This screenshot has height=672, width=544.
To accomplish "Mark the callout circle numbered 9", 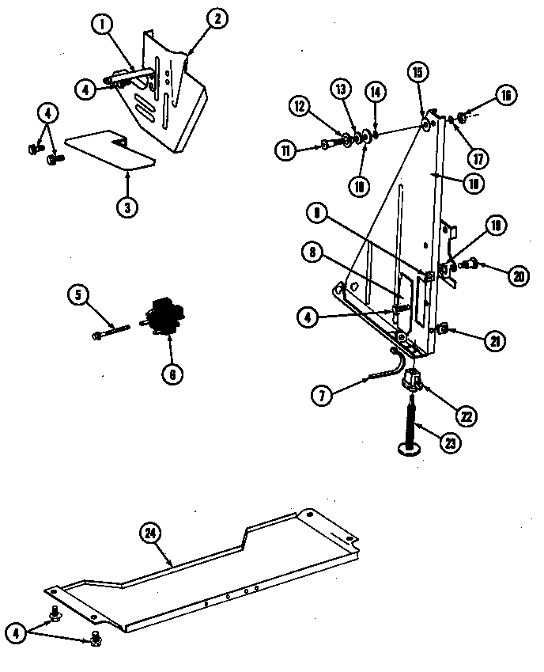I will (x=316, y=213).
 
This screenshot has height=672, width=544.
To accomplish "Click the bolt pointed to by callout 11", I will (x=327, y=144).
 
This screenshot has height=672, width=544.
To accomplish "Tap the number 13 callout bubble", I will (x=342, y=89).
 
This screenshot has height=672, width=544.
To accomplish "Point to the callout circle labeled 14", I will (x=376, y=92).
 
